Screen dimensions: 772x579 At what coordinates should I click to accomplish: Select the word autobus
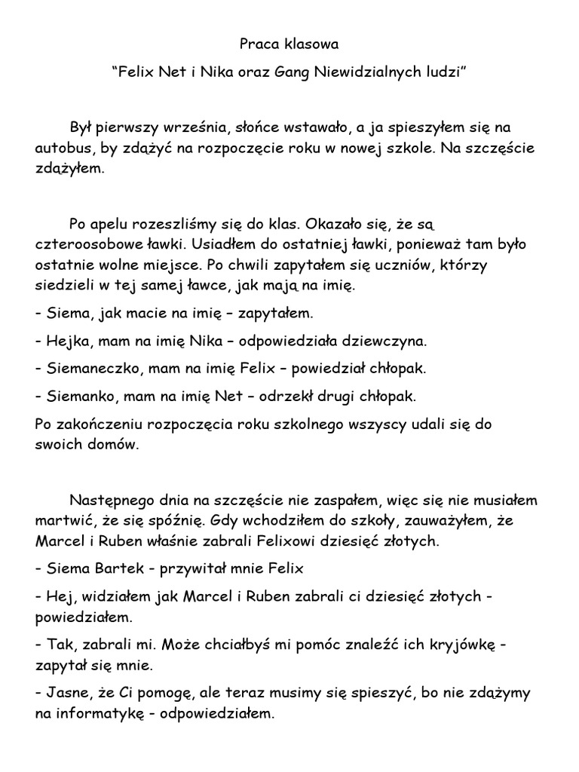coord(63,148)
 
